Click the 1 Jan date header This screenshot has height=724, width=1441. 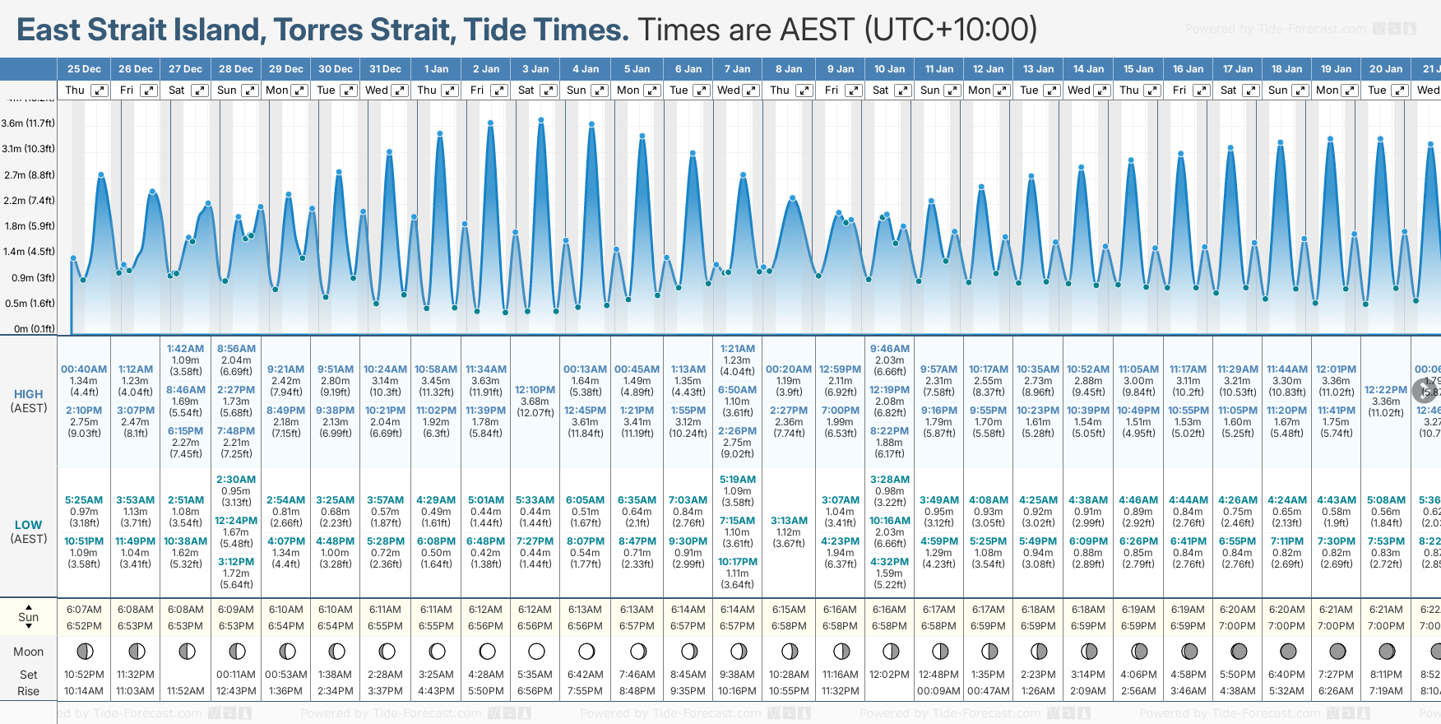click(436, 69)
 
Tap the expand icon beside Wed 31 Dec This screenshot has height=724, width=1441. click(399, 90)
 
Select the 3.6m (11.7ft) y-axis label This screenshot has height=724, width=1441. click(29, 123)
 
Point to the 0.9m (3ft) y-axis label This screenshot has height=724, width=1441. click(29, 277)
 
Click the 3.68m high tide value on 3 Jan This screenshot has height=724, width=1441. click(535, 401)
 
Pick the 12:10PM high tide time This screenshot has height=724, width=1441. click(535, 390)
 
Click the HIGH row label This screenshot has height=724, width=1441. click(29, 394)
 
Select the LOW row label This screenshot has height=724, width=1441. click(29, 525)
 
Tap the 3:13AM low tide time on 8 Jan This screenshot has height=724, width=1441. click(789, 521)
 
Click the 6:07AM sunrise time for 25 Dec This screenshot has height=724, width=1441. click(84, 610)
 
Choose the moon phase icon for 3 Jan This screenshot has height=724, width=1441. click(536, 652)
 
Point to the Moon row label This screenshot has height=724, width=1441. click(29, 652)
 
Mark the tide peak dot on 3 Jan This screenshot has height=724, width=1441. click(541, 120)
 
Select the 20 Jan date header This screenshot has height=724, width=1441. click(1386, 69)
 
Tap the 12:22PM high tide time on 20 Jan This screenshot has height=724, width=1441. click(1386, 390)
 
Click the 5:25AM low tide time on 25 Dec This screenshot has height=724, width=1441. click(84, 500)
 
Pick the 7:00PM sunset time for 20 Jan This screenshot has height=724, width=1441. click(1386, 626)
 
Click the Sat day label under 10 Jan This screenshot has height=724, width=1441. click(881, 90)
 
